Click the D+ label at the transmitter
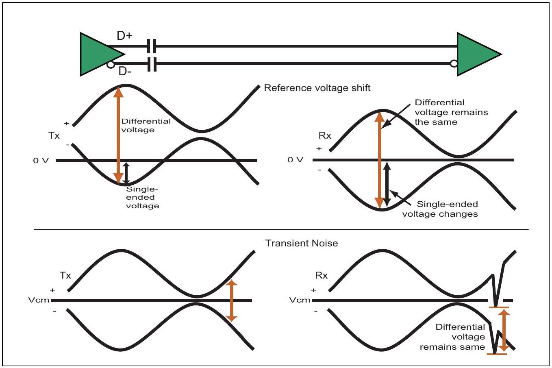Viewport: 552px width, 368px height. click(124, 36)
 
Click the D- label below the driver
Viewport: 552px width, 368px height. click(125, 71)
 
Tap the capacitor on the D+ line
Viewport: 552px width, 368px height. click(152, 46)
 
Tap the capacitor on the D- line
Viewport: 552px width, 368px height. click(152, 64)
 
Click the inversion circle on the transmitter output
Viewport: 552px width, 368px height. click(111, 65)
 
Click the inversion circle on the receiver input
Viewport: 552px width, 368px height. click(454, 63)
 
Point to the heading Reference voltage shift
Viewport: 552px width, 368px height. click(317, 88)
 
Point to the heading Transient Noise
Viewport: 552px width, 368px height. click(301, 243)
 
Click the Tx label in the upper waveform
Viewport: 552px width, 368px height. click(54, 135)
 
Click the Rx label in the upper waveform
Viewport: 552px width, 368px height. click(325, 135)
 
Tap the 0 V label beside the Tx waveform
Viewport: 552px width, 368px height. click(41, 161)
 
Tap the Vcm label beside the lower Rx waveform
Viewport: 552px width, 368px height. click(300, 300)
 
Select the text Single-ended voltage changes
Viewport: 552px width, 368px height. click(440, 209)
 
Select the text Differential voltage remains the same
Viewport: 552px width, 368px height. click(451, 112)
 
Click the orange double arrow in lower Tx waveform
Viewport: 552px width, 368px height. click(231, 301)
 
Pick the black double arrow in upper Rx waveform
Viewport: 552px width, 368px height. click(387, 184)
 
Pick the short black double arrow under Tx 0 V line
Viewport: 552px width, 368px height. click(126, 173)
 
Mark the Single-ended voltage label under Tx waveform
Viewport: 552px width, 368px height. click(142, 198)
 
